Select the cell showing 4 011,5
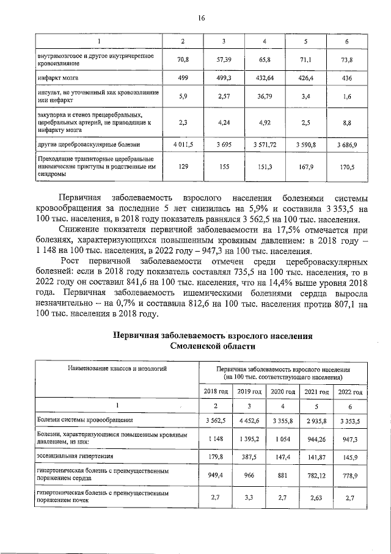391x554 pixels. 181,144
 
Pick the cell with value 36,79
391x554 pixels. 265,96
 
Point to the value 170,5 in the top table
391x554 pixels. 346,166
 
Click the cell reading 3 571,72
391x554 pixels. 265,144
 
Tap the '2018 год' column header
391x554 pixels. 215,392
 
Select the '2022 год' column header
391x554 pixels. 349,392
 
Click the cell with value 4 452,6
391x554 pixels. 249,421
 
